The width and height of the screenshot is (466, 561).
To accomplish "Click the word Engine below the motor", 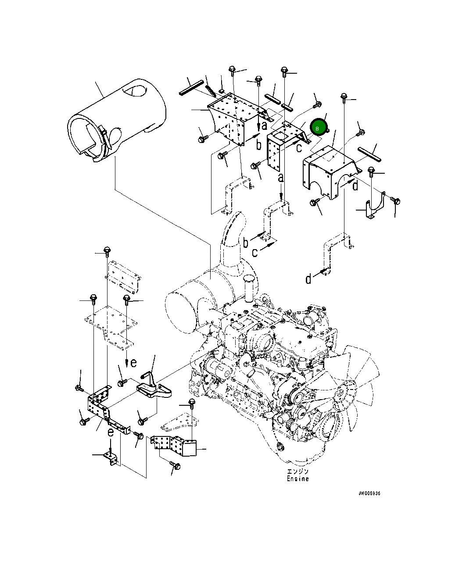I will [x=298, y=479].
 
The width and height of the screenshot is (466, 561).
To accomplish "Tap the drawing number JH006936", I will [x=369, y=493].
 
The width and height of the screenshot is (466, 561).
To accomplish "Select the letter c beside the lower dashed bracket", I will [x=255, y=253].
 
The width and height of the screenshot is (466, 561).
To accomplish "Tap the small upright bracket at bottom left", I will [x=111, y=459].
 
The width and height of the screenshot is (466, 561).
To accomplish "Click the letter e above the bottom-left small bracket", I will [x=111, y=432].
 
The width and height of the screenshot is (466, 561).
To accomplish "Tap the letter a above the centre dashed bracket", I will [x=281, y=178].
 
